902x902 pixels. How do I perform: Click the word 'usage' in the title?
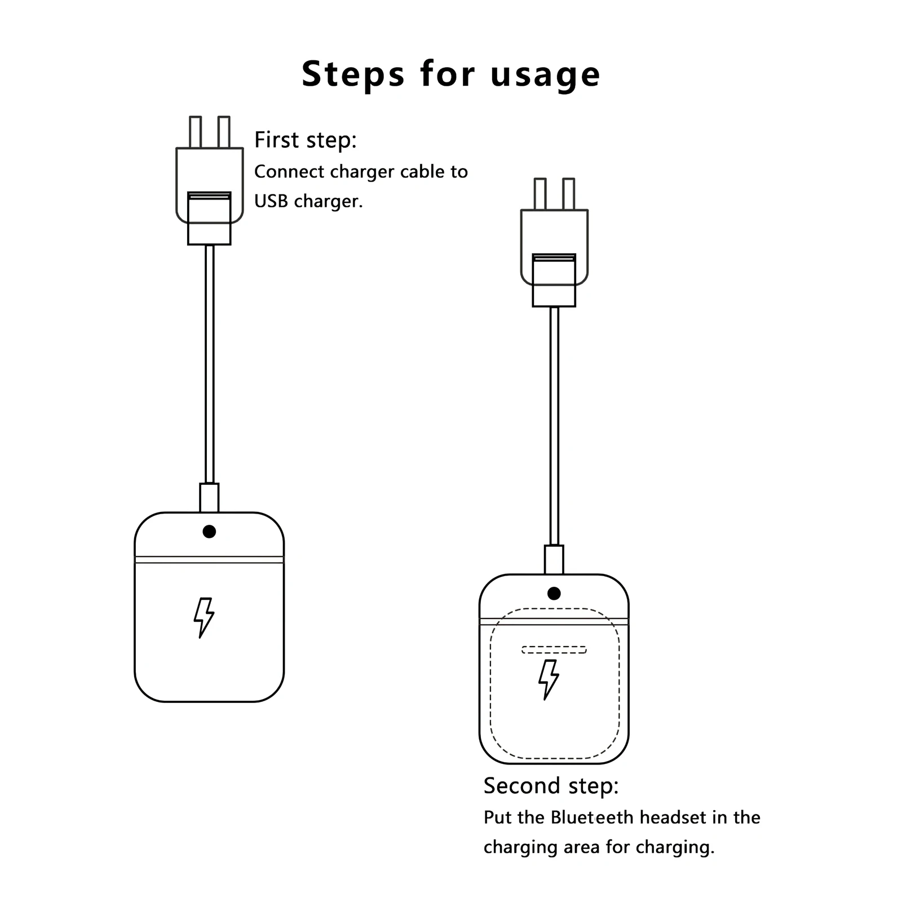point(545,75)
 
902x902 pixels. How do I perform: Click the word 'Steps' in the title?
point(353,74)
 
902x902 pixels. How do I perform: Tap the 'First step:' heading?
point(305,140)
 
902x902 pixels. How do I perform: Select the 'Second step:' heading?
point(551,785)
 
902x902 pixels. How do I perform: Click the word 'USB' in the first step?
point(271,201)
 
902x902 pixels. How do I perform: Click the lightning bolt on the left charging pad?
point(204,617)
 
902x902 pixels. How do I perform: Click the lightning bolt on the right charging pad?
point(548,679)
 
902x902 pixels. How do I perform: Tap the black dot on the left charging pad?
point(209,532)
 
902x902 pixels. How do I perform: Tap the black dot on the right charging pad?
point(554,594)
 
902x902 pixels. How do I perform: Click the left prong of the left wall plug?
point(195,132)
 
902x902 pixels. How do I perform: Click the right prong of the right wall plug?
point(569,194)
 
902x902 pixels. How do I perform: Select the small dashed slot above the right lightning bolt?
point(554,649)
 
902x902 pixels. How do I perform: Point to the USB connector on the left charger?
point(209,219)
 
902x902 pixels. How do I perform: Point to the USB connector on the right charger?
point(554,281)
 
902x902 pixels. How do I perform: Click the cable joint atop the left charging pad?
point(209,498)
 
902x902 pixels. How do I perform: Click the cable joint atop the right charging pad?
point(554,560)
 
